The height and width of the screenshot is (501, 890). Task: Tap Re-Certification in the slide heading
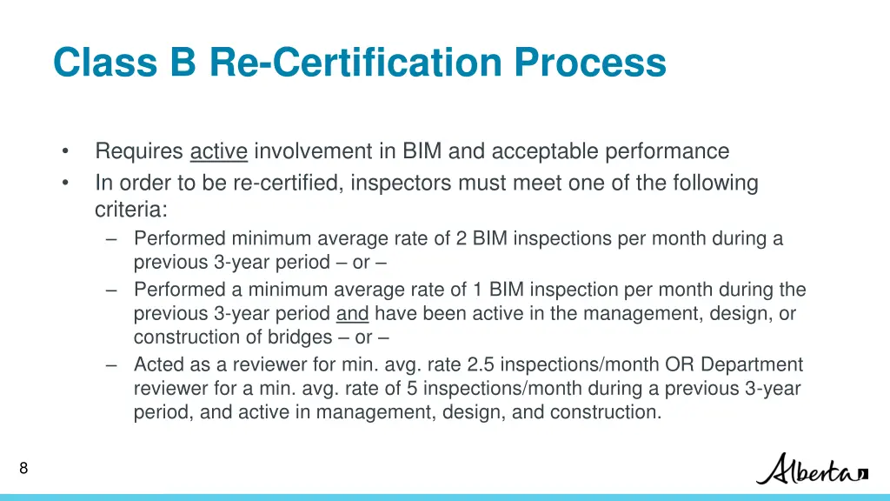click(355, 63)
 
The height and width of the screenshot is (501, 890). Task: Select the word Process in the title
click(590, 63)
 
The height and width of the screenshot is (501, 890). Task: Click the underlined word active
click(219, 151)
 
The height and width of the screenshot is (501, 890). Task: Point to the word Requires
click(139, 151)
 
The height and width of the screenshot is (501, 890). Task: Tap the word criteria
click(130, 210)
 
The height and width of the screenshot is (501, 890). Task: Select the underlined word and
click(352, 314)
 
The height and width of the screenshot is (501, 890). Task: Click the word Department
click(752, 365)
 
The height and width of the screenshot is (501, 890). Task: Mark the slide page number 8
click(23, 469)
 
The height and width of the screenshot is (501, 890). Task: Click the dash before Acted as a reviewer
click(111, 365)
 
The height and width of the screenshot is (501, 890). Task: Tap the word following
click(714, 184)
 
